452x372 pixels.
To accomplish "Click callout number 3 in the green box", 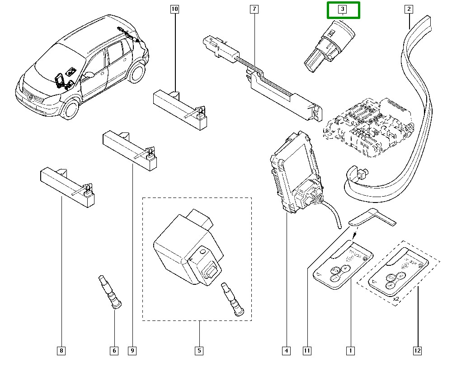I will (x=343, y=9).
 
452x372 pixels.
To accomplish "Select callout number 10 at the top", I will (x=174, y=9).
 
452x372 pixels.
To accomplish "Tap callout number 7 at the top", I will (x=254, y=9).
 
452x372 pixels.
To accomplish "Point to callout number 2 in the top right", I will (x=409, y=9).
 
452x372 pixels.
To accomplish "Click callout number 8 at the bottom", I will (x=61, y=350).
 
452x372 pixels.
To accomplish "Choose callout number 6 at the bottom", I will (x=114, y=350).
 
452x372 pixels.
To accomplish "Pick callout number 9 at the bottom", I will (x=132, y=350).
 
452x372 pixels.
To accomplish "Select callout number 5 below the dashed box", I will (x=199, y=350).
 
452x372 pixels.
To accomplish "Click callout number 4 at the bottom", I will (x=286, y=350).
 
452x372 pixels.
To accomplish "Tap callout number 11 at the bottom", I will (x=307, y=350).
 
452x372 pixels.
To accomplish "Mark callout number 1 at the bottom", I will (x=349, y=350).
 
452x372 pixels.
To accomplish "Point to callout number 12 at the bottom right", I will (x=417, y=350).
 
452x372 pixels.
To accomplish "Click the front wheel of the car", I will (x=71, y=109).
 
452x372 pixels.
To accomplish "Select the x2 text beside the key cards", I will (x=396, y=299).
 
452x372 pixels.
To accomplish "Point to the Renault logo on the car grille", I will (x=29, y=96).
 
